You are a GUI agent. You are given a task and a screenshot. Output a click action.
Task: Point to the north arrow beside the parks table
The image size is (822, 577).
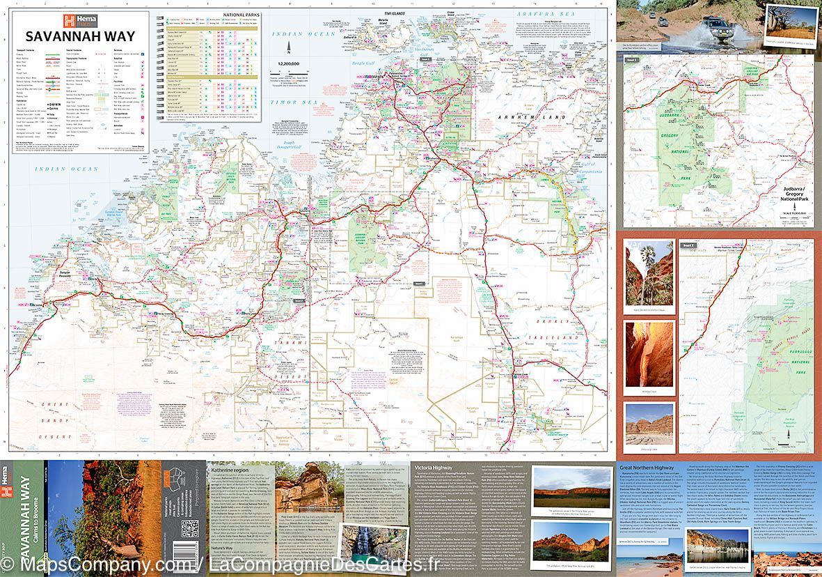point(289,48)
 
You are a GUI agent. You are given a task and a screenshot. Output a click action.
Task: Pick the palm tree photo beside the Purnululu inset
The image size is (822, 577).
point(649,271)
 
